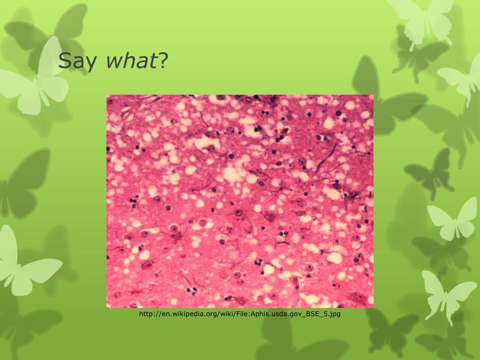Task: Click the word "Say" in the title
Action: (77, 60)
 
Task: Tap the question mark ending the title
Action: (163, 60)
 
